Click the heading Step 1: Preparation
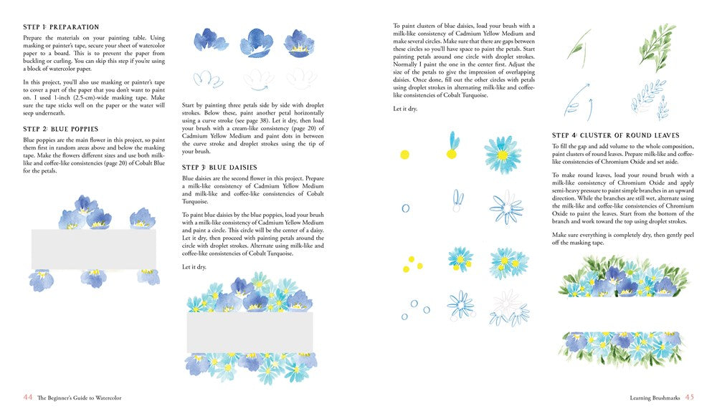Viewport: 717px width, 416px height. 61,27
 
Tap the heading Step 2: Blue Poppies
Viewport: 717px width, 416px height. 60,129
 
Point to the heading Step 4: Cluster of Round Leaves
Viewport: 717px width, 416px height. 615,135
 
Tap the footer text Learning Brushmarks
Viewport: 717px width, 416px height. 650,397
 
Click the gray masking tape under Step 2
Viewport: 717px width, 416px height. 93,249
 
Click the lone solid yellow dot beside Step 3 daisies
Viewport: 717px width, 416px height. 404,154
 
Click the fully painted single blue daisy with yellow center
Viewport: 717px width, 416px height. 502,152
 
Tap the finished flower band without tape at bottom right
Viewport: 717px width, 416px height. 617,349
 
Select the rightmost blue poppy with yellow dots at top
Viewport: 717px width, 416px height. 299,43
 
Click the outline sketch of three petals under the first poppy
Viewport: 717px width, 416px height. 209,78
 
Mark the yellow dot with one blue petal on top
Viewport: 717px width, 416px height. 453,148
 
